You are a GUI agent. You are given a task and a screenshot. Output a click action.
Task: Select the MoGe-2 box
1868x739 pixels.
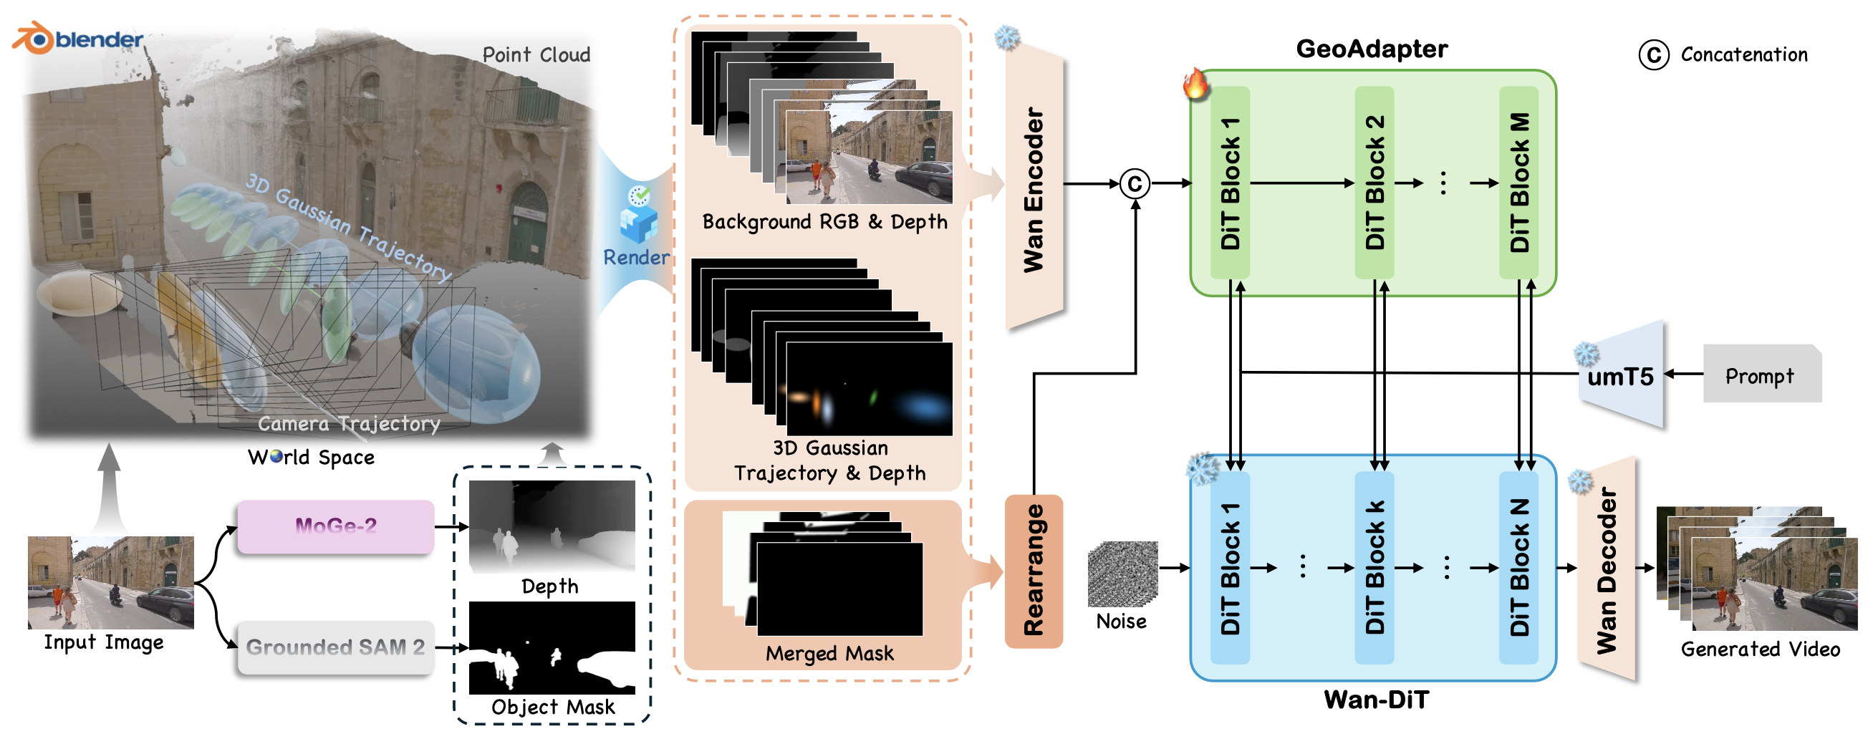(x=336, y=526)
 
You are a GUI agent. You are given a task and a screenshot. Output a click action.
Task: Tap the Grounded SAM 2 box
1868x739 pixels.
(x=336, y=647)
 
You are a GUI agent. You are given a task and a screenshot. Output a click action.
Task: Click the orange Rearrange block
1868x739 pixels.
(x=1034, y=571)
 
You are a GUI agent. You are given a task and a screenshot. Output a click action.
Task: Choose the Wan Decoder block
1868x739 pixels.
(x=1607, y=569)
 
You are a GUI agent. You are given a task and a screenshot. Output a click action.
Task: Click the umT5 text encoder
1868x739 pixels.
(x=1621, y=376)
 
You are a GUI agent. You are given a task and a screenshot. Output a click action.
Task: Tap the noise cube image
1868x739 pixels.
(x=1122, y=574)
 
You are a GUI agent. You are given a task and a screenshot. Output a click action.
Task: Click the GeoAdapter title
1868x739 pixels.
(x=1371, y=49)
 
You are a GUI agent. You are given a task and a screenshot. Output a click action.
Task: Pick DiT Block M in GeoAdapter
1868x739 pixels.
(x=1518, y=183)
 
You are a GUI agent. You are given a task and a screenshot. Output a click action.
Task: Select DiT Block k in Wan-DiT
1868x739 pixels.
(x=1374, y=567)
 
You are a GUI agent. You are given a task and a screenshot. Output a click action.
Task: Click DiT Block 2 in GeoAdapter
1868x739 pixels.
(x=1374, y=183)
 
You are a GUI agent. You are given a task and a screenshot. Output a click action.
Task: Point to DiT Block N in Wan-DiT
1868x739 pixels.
(x=1518, y=567)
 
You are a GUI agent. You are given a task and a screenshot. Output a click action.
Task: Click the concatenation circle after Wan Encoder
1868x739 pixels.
(x=1135, y=183)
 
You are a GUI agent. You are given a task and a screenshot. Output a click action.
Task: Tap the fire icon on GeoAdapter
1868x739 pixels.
(x=1195, y=82)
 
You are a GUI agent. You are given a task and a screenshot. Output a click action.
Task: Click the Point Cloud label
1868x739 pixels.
(x=536, y=55)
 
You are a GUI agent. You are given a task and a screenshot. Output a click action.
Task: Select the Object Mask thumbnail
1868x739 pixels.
(x=552, y=647)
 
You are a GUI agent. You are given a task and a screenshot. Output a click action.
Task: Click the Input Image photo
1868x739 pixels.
(x=111, y=582)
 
